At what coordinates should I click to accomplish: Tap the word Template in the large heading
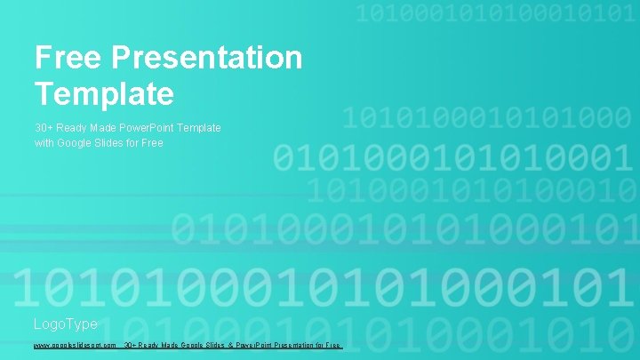coord(104,92)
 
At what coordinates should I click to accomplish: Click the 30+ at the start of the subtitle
coord(44,128)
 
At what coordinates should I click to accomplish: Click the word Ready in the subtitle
coord(68,128)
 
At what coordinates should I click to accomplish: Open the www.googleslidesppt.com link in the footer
coord(76,345)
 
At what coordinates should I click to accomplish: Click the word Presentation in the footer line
coord(277,345)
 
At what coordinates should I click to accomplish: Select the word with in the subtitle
coord(44,142)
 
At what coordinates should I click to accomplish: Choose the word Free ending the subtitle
coord(153,142)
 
